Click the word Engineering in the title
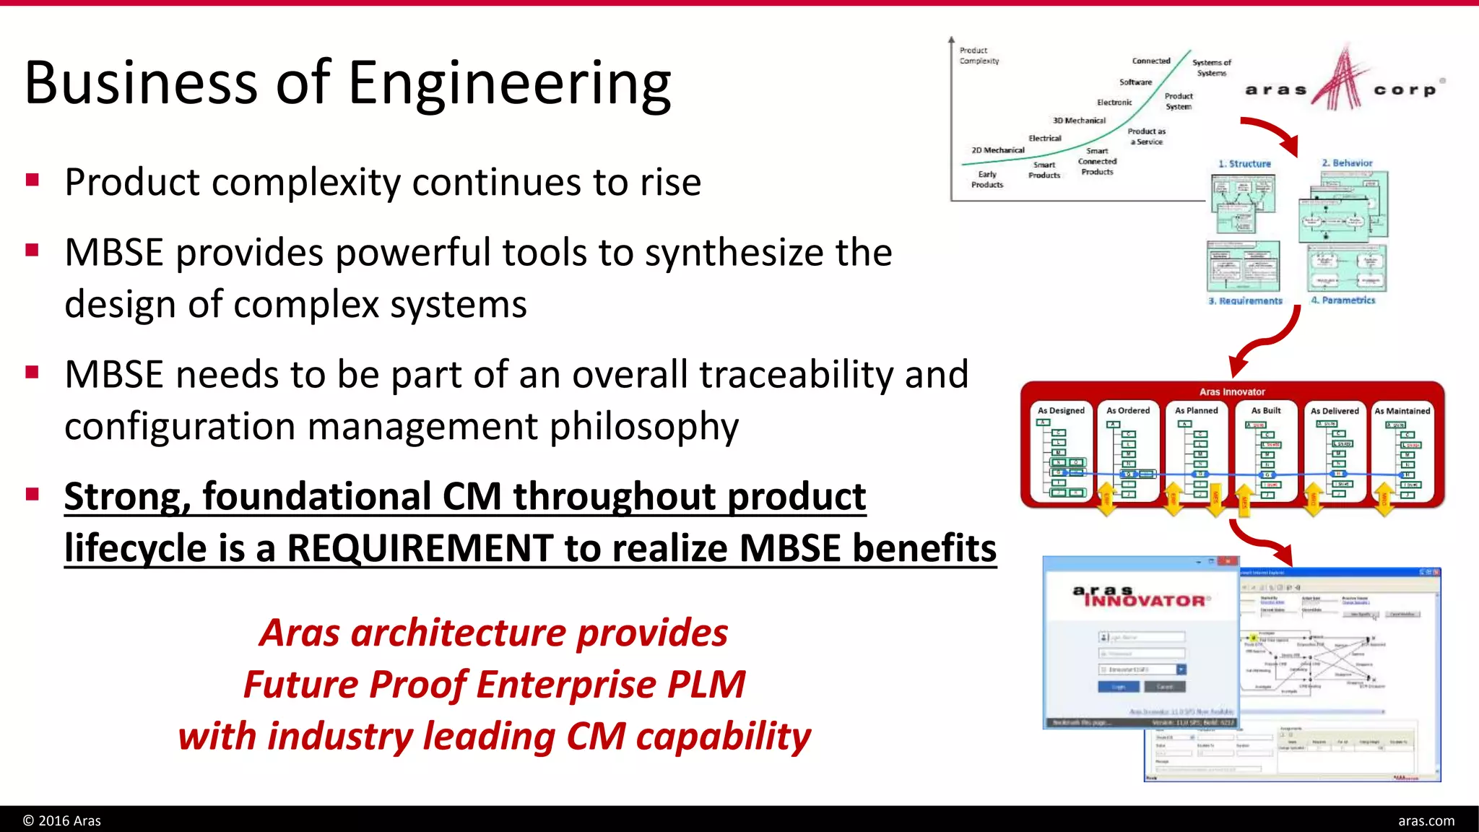[509, 84]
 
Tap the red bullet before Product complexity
[32, 180]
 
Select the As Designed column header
[1061, 410]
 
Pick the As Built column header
[1266, 410]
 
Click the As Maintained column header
[1402, 410]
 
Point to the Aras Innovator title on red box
[1232, 392]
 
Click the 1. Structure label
[1244, 164]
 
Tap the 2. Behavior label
[1347, 163]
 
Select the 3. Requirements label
[1245, 300]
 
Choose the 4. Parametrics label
[1343, 300]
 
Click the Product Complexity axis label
[979, 56]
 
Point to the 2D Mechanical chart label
[997, 150]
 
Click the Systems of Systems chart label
[1211, 68]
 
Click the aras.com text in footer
[1426, 820]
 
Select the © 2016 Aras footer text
[62, 820]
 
